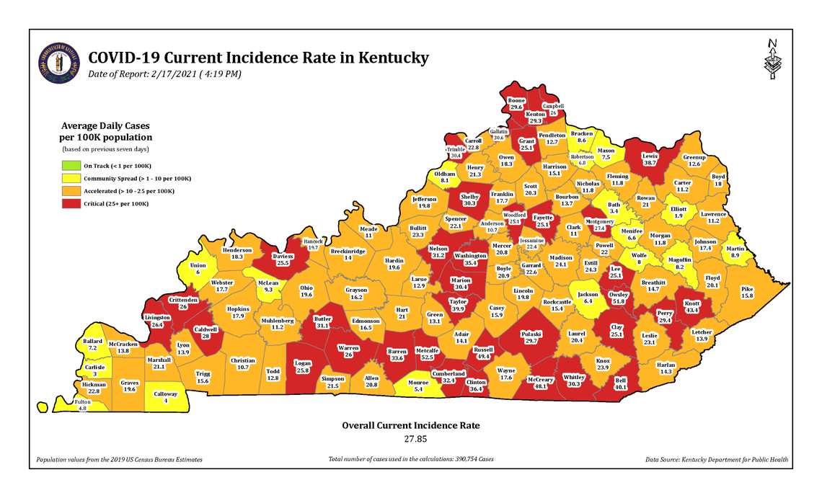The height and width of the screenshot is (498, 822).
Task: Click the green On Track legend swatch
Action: pos(69,166)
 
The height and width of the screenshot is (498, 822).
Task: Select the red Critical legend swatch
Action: pos(69,204)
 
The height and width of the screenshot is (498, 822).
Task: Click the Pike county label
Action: pos(746,289)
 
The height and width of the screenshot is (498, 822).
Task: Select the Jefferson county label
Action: pos(424,200)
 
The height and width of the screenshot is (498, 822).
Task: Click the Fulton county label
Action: pos(82,402)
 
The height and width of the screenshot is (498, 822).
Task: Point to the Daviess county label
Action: pos(283,256)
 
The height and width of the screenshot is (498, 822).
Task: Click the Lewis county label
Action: pos(650,156)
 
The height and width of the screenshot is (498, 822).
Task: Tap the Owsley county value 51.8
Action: pos(618,301)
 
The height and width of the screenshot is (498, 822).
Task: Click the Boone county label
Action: pos(516,101)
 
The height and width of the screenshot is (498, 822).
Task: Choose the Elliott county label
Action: pos(679,209)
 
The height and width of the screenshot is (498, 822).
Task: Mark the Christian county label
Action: pos(243,360)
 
